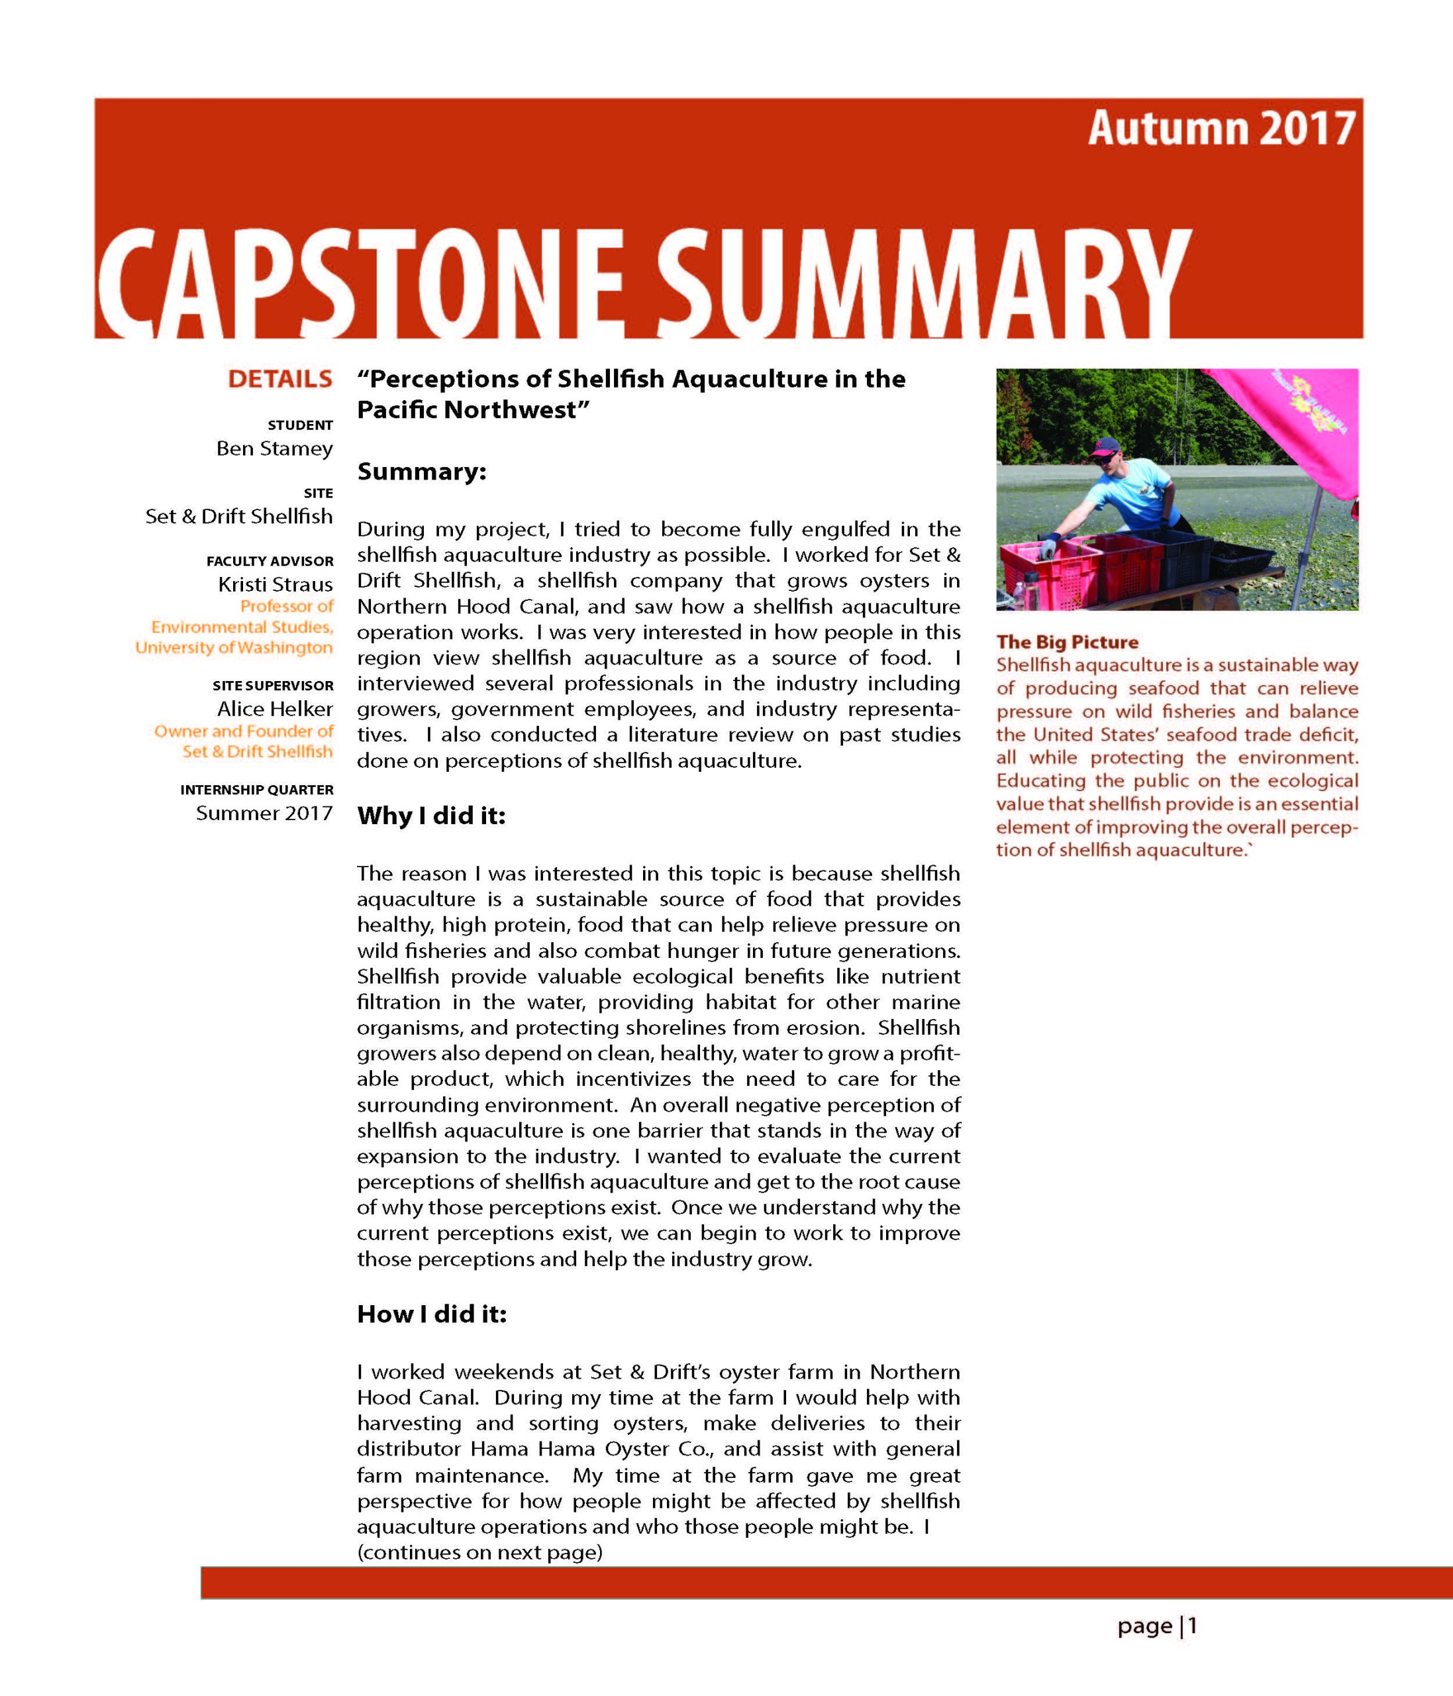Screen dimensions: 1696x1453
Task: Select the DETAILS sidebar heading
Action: click(x=279, y=380)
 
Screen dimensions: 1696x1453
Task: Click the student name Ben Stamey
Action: click(x=274, y=449)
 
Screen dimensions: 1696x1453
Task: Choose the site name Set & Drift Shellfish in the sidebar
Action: click(x=239, y=517)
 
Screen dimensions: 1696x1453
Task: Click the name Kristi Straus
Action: click(x=275, y=584)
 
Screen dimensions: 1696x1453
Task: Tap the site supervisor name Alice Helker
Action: click(x=275, y=709)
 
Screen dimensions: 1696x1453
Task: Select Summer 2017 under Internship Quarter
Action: click(x=264, y=813)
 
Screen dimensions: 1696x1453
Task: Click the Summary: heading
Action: click(x=421, y=472)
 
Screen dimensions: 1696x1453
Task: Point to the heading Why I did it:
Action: click(x=431, y=816)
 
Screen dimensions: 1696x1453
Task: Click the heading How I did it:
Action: click(x=432, y=1314)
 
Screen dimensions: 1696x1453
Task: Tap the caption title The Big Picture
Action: click(x=1067, y=643)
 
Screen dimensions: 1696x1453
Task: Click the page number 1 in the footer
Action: click(x=1193, y=1626)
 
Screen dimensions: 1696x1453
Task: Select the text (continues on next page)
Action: click(x=479, y=1552)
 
